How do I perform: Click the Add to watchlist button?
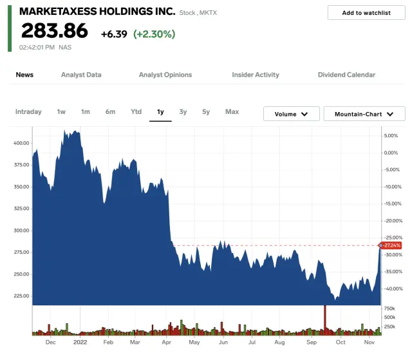coord(366,13)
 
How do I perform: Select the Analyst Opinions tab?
coord(165,75)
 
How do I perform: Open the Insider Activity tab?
coord(256,75)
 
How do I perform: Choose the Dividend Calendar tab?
coord(346,75)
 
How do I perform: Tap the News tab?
coord(24,75)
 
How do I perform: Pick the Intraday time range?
coord(28,112)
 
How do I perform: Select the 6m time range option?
coord(110,112)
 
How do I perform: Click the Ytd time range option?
coord(136,112)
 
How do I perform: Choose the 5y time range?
coord(206,112)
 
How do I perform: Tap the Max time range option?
coord(232,112)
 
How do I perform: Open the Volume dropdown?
coord(291,114)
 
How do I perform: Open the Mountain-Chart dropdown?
coord(364,114)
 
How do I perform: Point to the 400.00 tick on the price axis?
coord(21,143)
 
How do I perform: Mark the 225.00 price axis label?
coord(21,296)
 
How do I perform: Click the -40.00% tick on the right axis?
coord(392,289)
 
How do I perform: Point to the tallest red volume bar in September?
coord(325,320)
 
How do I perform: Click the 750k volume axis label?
coord(390,308)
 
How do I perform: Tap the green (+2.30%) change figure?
coord(154,34)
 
